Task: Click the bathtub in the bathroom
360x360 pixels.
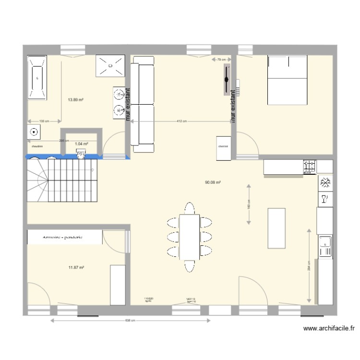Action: [x=37, y=78]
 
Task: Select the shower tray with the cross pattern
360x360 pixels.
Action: [x=111, y=66]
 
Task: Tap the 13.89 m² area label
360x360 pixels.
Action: [x=76, y=100]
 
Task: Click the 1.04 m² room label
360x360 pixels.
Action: [x=82, y=144]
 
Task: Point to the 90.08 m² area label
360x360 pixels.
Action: [x=212, y=182]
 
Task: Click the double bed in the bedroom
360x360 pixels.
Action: [x=287, y=80]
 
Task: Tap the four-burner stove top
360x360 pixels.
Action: [x=310, y=167]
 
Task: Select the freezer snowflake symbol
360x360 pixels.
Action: [x=325, y=183]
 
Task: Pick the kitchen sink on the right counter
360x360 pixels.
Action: [x=325, y=245]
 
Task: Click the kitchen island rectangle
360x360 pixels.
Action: [x=276, y=228]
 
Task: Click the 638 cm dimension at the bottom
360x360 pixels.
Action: [x=131, y=321]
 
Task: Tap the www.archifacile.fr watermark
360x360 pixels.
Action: [x=329, y=329]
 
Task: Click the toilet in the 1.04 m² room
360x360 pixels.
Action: [x=81, y=154]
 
